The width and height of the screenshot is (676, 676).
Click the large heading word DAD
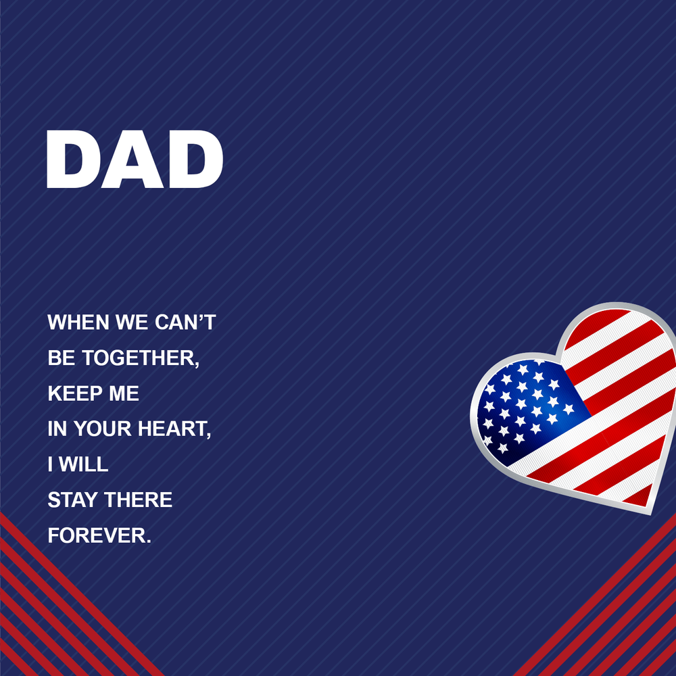tap(135, 159)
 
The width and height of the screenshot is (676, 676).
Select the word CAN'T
tap(185, 322)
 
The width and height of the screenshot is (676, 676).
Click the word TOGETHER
tap(141, 358)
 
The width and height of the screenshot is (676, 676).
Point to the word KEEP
tap(75, 393)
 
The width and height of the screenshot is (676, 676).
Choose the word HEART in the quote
tap(174, 429)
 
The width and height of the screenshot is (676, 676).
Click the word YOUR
tap(103, 429)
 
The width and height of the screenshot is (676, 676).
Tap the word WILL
tap(84, 464)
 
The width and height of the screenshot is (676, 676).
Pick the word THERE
tap(139, 500)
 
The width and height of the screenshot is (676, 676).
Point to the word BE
tap(62, 358)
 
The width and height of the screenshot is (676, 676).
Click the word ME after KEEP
tap(124, 393)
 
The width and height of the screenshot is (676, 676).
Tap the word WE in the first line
tap(132, 322)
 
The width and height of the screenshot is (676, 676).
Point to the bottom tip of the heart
tap(650, 514)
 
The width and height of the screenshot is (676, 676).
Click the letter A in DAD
tap(132, 159)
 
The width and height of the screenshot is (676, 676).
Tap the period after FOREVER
tap(149, 541)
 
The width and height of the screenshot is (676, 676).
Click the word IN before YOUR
tap(57, 429)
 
